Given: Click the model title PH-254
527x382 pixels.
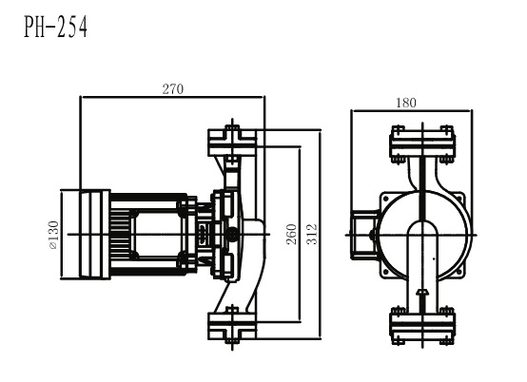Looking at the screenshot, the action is [x=56, y=27].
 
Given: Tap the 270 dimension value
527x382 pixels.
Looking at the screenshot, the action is [x=173, y=89].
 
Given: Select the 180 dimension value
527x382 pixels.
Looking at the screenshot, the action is [x=406, y=103].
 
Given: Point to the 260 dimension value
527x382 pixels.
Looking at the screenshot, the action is [x=292, y=234].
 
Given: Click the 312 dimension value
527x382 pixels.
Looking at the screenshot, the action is [x=312, y=234].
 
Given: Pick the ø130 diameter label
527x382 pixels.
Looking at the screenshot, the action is [x=54, y=235].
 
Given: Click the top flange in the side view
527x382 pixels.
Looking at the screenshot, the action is [x=232, y=142].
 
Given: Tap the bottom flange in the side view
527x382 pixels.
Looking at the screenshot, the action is [x=232, y=326].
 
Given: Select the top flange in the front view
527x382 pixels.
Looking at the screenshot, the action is [x=422, y=144].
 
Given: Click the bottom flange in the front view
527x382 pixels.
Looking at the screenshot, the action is [x=422, y=326].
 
